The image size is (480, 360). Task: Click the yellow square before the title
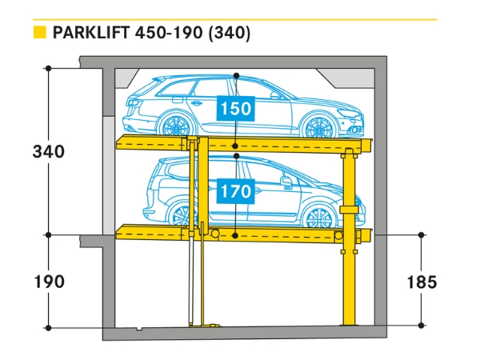38,33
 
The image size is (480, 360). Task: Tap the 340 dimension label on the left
49,151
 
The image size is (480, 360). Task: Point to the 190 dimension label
49,282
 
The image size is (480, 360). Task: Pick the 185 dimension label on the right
421,282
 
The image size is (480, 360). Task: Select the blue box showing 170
235,191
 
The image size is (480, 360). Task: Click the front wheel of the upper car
321,126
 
